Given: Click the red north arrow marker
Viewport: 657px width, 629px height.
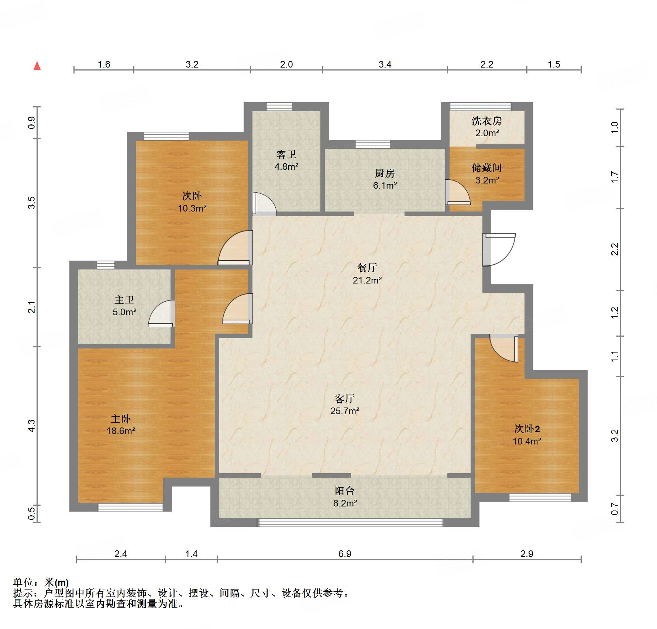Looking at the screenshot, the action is click(x=37, y=66).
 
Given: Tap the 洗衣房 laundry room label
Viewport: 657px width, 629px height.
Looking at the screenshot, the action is click(x=486, y=121).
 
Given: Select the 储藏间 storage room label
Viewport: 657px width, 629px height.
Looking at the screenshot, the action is click(x=486, y=168).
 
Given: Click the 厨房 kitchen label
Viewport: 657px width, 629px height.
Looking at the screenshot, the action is click(x=385, y=173).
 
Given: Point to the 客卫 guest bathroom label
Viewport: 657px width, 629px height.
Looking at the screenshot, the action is click(x=286, y=154).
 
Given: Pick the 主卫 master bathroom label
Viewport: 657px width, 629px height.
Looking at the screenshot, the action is click(x=124, y=300).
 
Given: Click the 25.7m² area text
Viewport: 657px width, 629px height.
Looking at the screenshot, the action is click(x=345, y=411).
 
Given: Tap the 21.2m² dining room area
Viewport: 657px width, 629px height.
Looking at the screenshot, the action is click(x=367, y=280).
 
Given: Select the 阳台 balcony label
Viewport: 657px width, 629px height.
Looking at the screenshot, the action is click(x=345, y=491).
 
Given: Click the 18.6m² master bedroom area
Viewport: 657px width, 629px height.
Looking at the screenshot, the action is click(x=121, y=431).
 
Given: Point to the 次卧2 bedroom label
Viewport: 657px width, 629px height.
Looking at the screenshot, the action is click(x=527, y=429).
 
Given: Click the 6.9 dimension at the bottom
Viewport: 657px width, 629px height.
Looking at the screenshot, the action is click(x=345, y=554).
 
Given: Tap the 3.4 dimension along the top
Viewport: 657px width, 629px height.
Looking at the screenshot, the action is click(x=385, y=65).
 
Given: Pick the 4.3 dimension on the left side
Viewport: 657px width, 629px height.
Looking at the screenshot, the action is click(x=32, y=426).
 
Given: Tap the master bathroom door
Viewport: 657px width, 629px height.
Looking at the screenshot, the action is click(x=161, y=313).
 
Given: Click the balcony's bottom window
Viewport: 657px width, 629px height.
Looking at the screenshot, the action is click(x=350, y=522).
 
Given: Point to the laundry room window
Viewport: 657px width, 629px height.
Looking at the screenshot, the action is click(x=481, y=107).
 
